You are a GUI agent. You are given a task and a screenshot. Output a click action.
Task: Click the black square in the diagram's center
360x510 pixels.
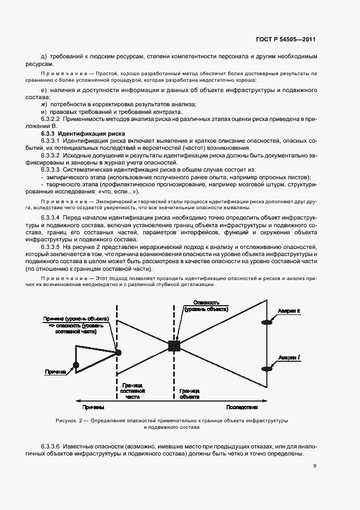(174, 345)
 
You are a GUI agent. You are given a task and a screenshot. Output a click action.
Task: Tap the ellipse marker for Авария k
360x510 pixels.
(267, 323)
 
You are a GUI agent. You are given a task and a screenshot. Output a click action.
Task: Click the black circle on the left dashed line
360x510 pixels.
(118, 353)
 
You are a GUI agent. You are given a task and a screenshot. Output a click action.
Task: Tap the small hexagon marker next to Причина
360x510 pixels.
(76, 365)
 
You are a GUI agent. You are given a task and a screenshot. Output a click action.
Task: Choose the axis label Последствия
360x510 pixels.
(241, 407)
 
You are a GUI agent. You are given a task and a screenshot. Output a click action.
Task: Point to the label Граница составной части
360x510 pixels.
(133, 391)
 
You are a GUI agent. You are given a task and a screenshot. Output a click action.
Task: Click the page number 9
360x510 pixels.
(315, 465)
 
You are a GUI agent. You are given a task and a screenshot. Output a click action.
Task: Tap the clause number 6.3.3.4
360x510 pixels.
(53, 218)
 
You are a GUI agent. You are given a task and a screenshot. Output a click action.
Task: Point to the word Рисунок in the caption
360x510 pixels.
(66, 421)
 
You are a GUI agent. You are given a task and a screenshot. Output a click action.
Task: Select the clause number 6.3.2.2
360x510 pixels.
(53, 118)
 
